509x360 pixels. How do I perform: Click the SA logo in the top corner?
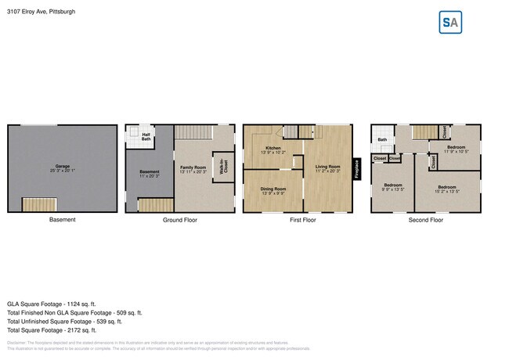pos(450,23)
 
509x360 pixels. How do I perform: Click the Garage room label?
pos(63,167)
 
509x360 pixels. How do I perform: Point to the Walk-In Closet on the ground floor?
pos(224,168)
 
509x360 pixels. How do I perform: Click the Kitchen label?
pos(273,150)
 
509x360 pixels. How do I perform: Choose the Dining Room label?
pos(273,190)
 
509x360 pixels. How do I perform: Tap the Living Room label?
pos(327,168)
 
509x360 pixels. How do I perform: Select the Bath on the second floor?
pos(382,141)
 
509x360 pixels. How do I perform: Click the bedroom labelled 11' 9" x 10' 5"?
pos(457,149)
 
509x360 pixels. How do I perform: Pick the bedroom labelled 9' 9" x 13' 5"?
pos(392,187)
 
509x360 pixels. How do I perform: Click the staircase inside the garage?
pos(39,204)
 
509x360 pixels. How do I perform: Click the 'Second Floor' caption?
pos(425,220)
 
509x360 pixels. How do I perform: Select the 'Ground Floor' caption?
pos(180,220)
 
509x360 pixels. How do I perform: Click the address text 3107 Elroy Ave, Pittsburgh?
pos(42,12)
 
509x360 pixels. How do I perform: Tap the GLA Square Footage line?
pos(51,304)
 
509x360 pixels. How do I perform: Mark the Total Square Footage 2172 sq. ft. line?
pos(52,330)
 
